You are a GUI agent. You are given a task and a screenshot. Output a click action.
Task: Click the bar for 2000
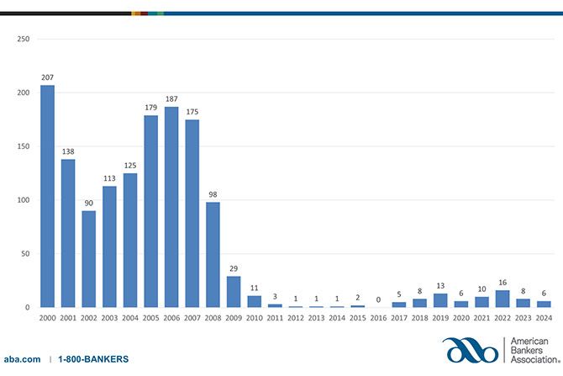tap(47, 197)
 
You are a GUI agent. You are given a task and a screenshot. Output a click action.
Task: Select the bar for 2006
tap(171, 207)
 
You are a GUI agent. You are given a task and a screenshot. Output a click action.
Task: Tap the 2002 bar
tap(88, 259)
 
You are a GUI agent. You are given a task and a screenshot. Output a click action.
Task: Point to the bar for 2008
tap(213, 255)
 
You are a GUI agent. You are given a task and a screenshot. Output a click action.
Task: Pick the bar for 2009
tap(234, 292)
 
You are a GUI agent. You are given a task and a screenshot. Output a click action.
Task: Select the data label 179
tap(150, 107)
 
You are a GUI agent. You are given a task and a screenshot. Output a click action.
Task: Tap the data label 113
tap(109, 177)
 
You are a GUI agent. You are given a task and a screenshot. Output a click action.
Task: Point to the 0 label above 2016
tap(378, 299)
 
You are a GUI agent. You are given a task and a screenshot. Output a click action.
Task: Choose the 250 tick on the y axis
tap(23, 39)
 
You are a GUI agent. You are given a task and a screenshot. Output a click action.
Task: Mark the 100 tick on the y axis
tap(23, 200)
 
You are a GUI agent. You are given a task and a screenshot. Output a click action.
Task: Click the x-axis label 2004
tap(129, 320)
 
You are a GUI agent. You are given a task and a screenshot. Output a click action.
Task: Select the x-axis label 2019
tap(440, 320)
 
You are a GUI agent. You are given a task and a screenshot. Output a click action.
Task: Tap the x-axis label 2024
tap(544, 320)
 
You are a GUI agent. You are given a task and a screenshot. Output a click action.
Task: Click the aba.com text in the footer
tap(22, 359)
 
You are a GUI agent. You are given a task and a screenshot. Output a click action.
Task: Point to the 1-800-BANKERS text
tap(93, 359)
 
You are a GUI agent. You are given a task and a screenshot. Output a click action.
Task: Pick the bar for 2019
tap(440, 300)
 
